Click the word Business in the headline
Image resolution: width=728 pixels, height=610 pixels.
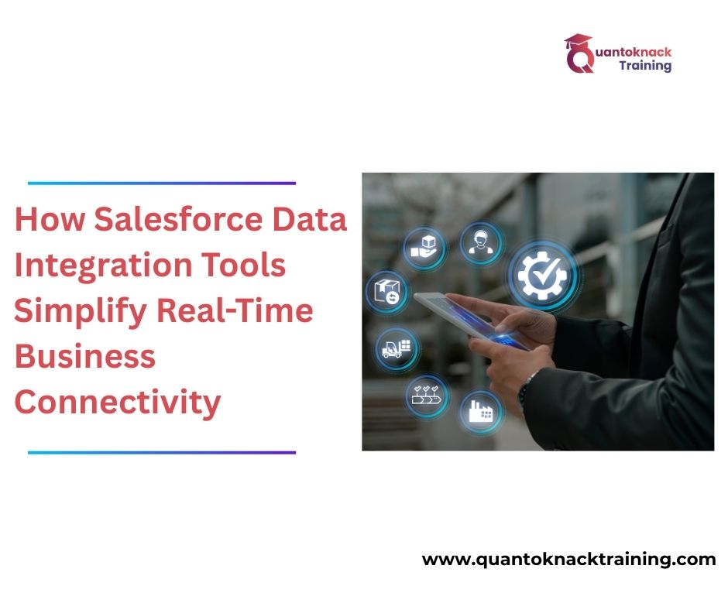tap(85, 357)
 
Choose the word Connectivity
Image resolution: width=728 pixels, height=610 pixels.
tap(118, 403)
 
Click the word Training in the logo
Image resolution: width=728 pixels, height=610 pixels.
tap(645, 66)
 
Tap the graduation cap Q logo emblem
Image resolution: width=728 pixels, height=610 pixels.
tap(579, 53)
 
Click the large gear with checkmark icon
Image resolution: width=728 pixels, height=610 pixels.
tap(542, 276)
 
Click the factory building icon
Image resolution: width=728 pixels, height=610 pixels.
tap(480, 411)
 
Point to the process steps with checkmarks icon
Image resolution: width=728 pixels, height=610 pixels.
tap(428, 394)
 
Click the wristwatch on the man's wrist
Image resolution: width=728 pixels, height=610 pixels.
tap(530, 385)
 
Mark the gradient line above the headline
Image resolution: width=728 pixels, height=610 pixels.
tap(162, 183)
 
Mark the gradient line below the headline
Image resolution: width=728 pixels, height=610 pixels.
tap(162, 452)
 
